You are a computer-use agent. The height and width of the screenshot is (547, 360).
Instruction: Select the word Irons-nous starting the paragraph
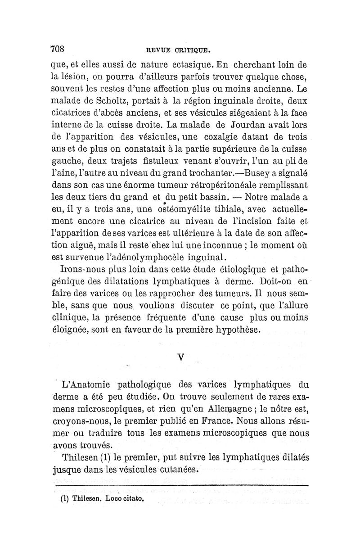pyautogui.click(x=82, y=270)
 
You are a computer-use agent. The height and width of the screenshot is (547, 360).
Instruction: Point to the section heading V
pyautogui.click(x=181, y=357)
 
